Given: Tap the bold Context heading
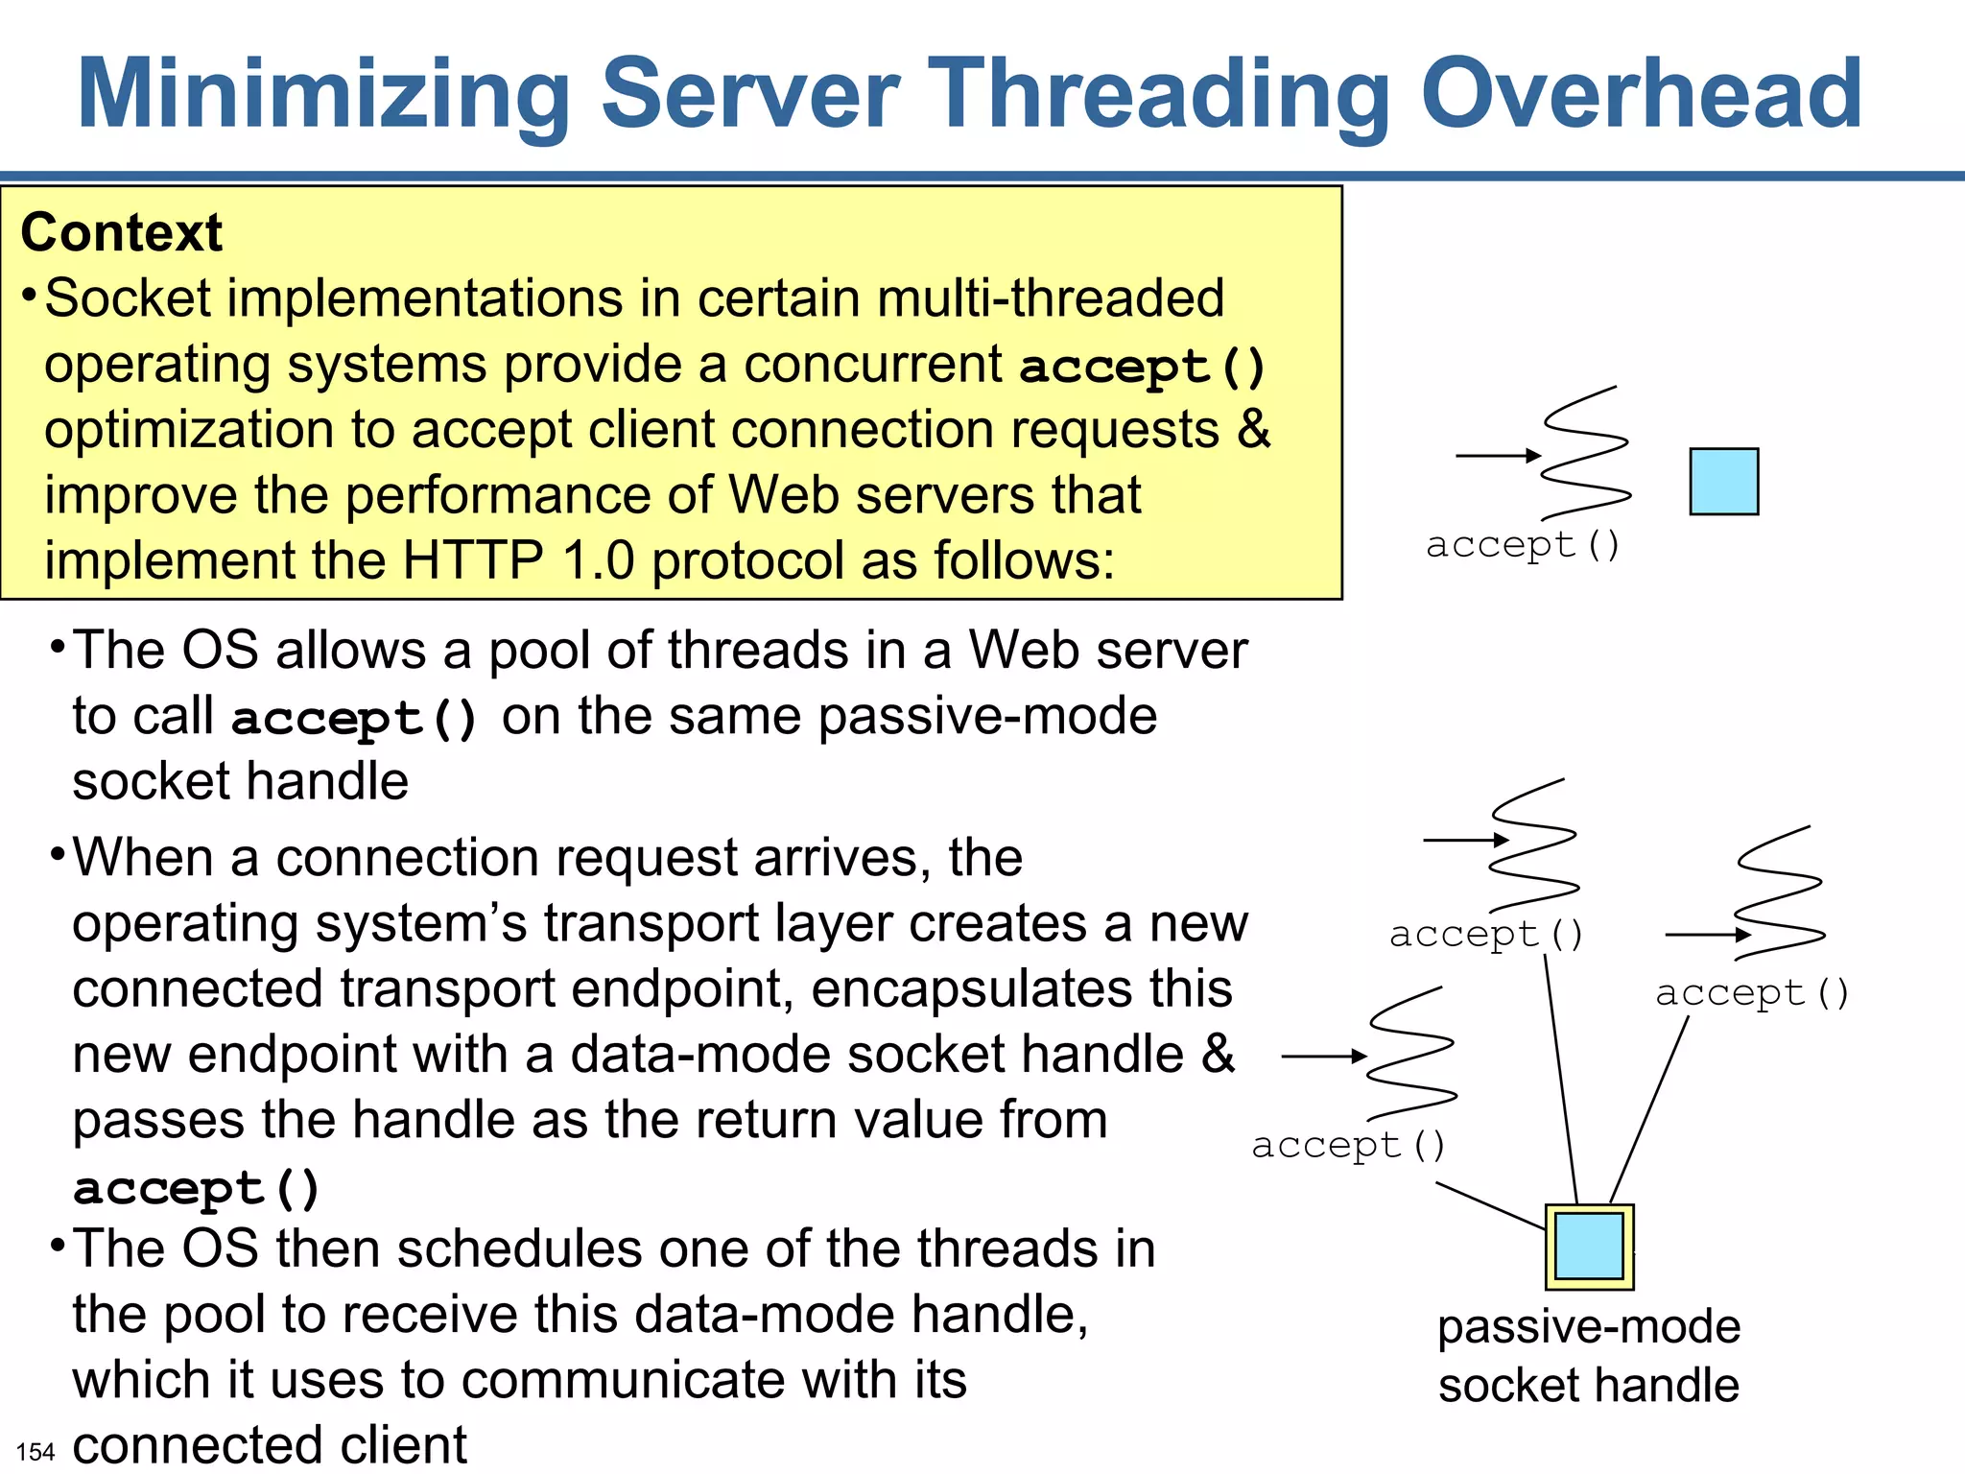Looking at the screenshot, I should [121, 232].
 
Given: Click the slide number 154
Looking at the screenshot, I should [36, 1451].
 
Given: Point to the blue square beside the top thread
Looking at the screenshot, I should [1723, 481].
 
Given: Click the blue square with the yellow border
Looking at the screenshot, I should [1589, 1246].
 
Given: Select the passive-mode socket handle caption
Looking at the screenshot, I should [1589, 1355].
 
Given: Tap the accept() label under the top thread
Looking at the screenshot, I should [1523, 545].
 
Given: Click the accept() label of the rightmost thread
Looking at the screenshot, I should [1752, 992].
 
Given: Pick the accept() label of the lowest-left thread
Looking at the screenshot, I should [1348, 1145].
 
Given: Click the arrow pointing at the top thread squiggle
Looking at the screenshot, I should [1498, 456].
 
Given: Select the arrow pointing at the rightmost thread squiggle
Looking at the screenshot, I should [1708, 934].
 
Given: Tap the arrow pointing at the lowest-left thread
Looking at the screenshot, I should [1324, 1057].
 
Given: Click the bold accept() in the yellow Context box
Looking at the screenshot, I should [1142, 367].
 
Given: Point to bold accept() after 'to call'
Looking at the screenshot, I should [354, 719].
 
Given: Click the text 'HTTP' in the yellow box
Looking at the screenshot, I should [472, 560].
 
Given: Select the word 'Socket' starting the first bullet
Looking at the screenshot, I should [128, 298].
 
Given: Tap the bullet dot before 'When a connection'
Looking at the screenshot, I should [58, 851].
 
